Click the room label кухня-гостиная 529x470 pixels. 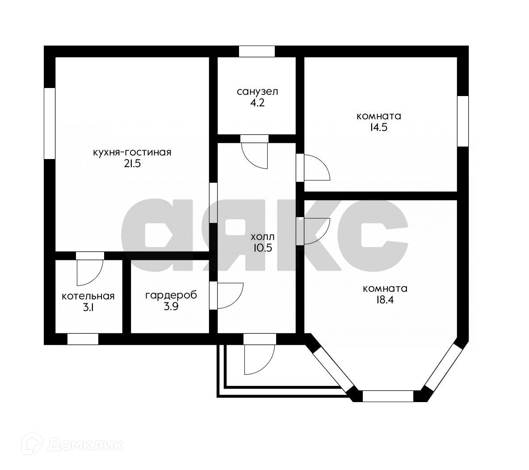pos(132,152)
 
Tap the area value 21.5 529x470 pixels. pos(132,164)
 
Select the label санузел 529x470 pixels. pos(257,92)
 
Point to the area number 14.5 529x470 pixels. pos(379,127)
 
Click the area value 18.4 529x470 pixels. pos(385,300)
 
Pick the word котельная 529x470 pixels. pos(88,296)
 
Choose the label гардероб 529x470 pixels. pos(171,295)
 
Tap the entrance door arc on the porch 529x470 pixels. pos(259,360)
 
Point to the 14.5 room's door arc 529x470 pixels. pos(316,168)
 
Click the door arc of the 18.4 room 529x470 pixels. pos(316,231)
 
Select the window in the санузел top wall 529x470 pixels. pos(256,51)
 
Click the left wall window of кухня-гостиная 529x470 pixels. pos(50,123)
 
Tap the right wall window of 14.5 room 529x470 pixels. pos(463,121)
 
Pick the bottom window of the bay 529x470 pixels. pos(388,396)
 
